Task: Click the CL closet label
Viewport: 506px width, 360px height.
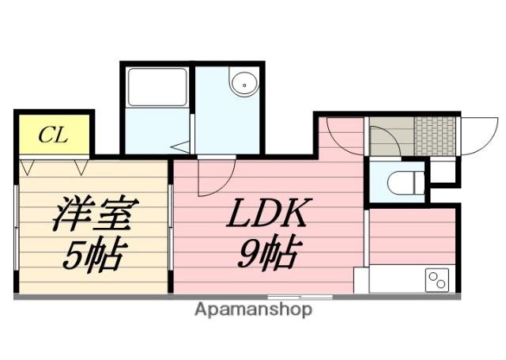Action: [x=54, y=135]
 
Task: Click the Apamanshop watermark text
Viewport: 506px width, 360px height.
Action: [x=253, y=309]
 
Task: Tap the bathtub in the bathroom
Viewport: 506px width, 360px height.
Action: [x=156, y=87]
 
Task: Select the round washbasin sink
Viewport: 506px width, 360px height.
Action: [x=241, y=81]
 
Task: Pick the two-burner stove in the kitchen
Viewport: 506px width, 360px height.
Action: [x=437, y=279]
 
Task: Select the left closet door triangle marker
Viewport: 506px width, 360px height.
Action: [x=29, y=167]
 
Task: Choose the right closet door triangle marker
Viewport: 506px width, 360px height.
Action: [x=81, y=167]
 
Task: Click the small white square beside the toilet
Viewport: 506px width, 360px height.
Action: [x=444, y=170]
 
